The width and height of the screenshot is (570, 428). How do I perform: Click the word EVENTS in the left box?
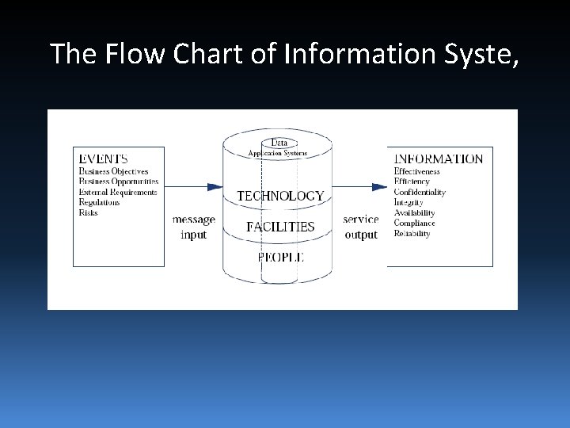click(104, 159)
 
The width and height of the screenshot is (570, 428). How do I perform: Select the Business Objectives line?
click(113, 171)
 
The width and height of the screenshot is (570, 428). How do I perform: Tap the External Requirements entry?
click(118, 192)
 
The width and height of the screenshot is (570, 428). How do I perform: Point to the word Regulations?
click(99, 202)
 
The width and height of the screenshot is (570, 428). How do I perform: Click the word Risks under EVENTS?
click(88, 212)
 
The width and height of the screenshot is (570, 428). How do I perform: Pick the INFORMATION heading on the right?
click(439, 159)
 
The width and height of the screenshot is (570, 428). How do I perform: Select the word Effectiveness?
click(416, 171)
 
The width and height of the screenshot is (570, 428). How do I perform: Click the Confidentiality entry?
click(420, 192)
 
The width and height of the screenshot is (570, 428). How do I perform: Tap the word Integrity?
click(408, 202)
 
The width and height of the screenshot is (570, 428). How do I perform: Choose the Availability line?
click(414, 212)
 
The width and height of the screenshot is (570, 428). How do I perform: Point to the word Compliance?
click(414, 223)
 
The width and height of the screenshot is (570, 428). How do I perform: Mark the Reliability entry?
click(412, 233)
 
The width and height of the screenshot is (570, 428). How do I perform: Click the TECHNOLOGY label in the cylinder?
click(280, 195)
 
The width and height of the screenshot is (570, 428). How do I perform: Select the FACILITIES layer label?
click(280, 226)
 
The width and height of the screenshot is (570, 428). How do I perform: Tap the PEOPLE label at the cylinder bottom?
click(280, 256)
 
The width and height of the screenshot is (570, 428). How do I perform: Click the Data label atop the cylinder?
click(279, 143)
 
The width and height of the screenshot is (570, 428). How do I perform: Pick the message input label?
click(193, 227)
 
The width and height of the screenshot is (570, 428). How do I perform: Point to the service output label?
click(361, 227)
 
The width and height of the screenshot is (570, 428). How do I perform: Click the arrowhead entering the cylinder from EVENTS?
click(215, 187)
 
